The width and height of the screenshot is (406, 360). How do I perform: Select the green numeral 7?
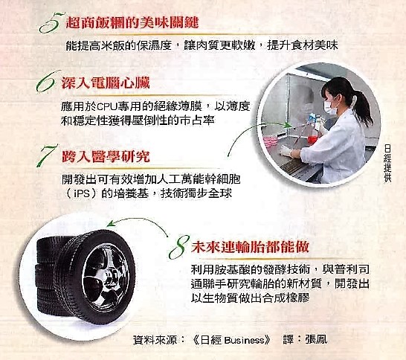47,155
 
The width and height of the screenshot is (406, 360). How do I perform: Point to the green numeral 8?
178,247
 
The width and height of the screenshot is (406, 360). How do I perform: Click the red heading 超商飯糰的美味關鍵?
132,22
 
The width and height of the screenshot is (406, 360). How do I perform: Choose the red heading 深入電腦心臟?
106,83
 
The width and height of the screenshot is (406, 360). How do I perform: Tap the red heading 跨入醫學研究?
106,156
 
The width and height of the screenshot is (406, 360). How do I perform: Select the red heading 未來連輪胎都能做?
250,246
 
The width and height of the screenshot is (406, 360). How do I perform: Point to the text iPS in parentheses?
82,193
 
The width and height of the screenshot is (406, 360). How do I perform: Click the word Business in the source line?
244,340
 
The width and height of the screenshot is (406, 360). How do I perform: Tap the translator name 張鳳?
316,339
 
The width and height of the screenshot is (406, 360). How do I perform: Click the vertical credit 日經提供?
387,164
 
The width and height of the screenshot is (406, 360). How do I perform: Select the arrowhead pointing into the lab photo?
289,125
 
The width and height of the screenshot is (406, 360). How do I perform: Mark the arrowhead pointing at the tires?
111,223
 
